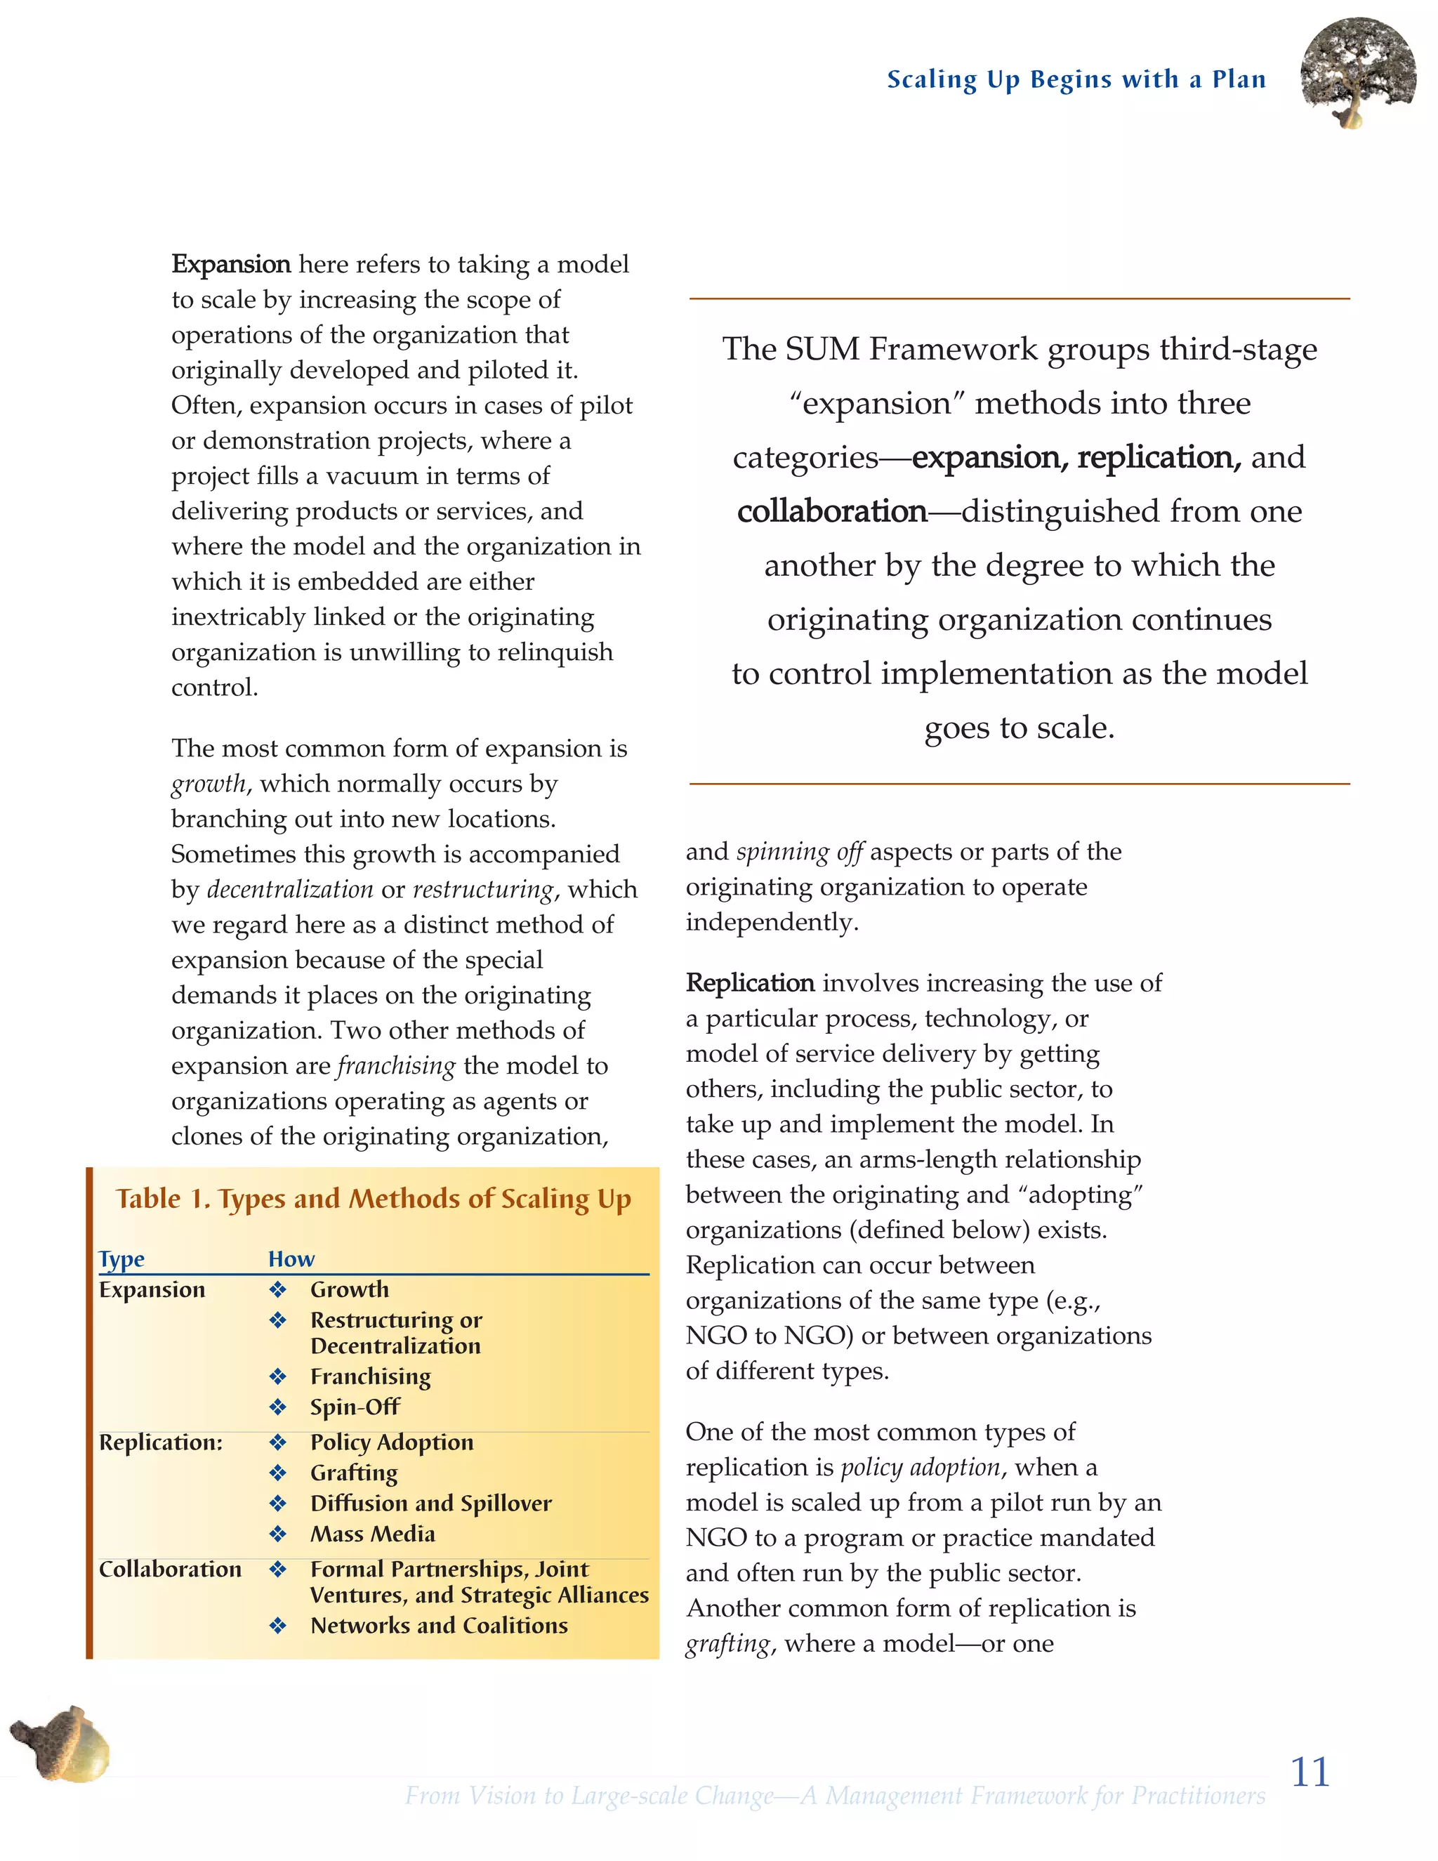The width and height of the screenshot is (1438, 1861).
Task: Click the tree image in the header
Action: coord(1358,73)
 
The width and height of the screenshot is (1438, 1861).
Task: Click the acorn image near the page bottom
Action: coord(61,1744)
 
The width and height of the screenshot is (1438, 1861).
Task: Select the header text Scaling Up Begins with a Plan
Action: coord(1076,79)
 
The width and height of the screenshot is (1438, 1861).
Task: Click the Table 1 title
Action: coord(373,1198)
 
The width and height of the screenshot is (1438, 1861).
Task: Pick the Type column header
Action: coord(121,1258)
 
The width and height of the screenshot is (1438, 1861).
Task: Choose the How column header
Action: coord(291,1258)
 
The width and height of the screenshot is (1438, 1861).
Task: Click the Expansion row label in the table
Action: coord(152,1289)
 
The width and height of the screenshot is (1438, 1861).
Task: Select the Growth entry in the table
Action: coord(349,1289)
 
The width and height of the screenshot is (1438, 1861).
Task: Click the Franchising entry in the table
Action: coord(371,1376)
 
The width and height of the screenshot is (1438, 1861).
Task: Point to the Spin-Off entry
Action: coord(355,1407)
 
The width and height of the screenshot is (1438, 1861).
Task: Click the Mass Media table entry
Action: coord(372,1534)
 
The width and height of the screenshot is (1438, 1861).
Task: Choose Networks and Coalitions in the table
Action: coord(439,1625)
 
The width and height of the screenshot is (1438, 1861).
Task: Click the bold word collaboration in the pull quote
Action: coord(831,511)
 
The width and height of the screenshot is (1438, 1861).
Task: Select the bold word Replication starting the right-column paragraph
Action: coord(750,982)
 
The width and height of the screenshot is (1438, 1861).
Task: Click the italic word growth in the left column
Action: coord(209,784)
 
